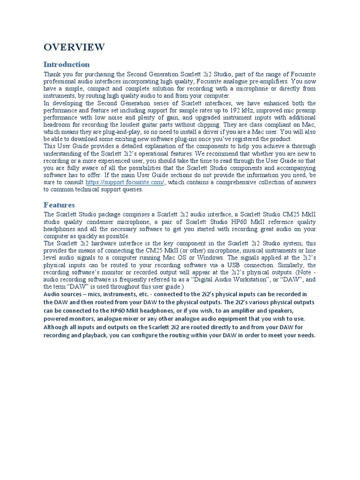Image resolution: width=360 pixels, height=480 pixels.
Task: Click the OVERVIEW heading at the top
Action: coord(74,47)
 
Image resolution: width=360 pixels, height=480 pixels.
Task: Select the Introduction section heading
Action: coord(67,64)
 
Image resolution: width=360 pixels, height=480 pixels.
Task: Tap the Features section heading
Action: coord(59,205)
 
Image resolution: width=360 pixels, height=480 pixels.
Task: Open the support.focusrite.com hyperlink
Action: coord(125,182)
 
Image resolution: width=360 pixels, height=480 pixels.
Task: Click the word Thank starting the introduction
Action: coord(52,75)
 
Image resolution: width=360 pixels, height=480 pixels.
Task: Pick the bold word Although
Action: coord(57,327)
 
